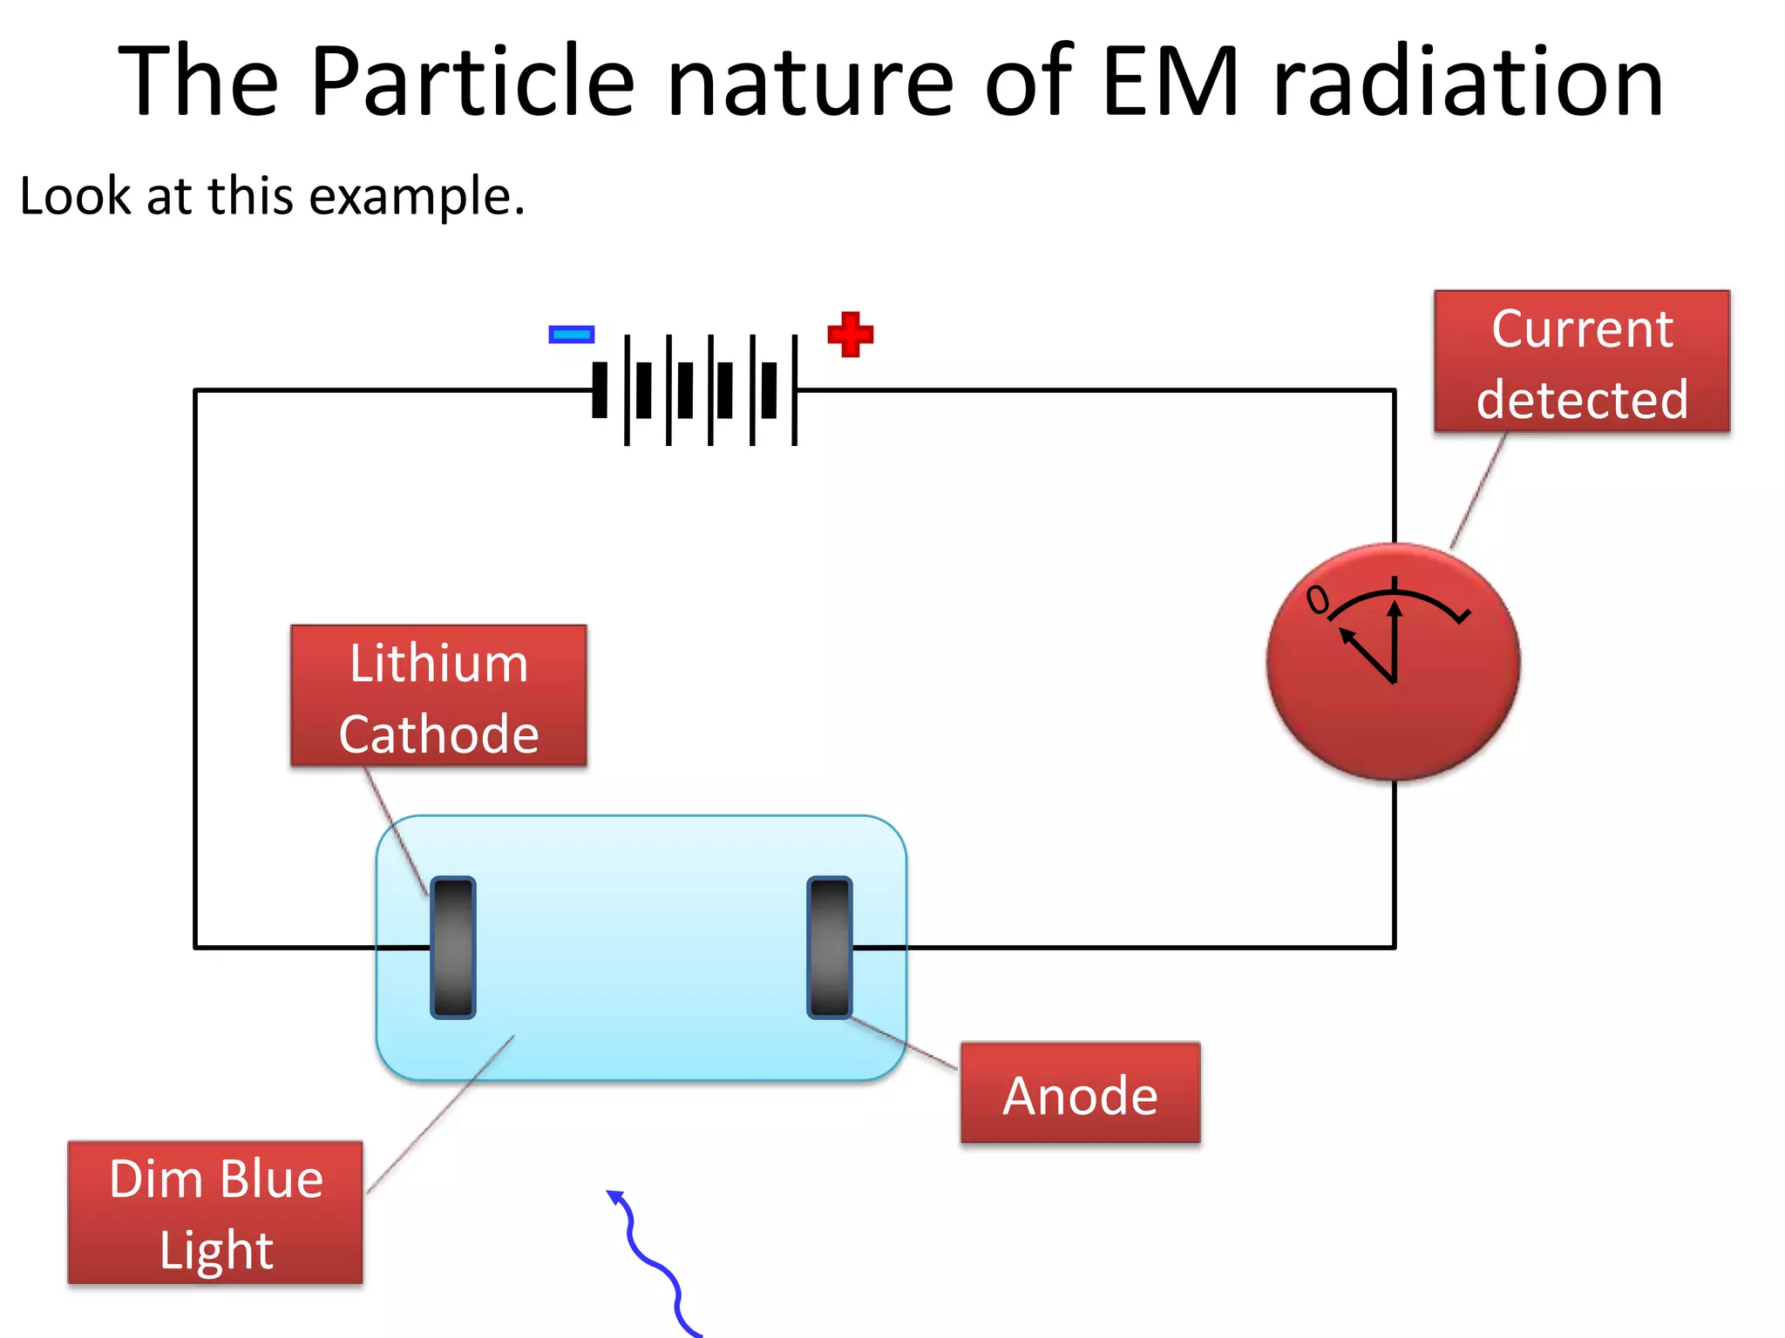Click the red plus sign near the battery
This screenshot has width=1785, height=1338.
(850, 334)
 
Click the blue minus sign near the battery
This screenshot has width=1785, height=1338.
(571, 334)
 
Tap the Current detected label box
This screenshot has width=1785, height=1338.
(1581, 362)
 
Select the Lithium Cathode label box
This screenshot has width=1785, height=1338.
(438, 696)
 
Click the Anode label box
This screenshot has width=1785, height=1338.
(1080, 1093)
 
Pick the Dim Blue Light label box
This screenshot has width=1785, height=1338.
(215, 1213)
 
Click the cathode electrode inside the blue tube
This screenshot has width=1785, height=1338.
(452, 948)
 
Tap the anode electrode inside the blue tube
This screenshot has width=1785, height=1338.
(829, 948)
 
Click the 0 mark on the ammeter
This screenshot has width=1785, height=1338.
(1317, 599)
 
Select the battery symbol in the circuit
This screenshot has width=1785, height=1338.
(696, 390)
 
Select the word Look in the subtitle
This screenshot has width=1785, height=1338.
(75, 195)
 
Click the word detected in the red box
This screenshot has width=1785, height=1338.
(1581, 400)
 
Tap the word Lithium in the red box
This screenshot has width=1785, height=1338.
(438, 664)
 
